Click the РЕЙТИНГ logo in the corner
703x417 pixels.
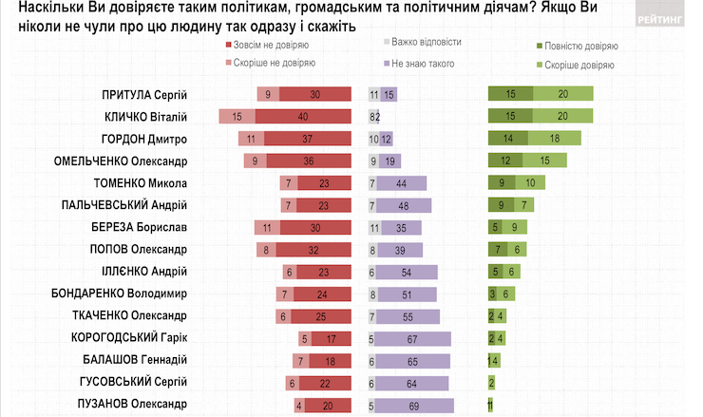[663, 17]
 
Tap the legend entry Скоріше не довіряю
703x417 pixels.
[270, 63]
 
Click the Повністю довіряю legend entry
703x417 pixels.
[579, 46]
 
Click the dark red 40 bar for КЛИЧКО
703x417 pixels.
[302, 116]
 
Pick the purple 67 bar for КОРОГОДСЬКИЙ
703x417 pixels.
[414, 337]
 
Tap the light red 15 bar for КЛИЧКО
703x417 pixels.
[236, 116]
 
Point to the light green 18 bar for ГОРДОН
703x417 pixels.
[553, 139]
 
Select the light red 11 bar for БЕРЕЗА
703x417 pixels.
[269, 228]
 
